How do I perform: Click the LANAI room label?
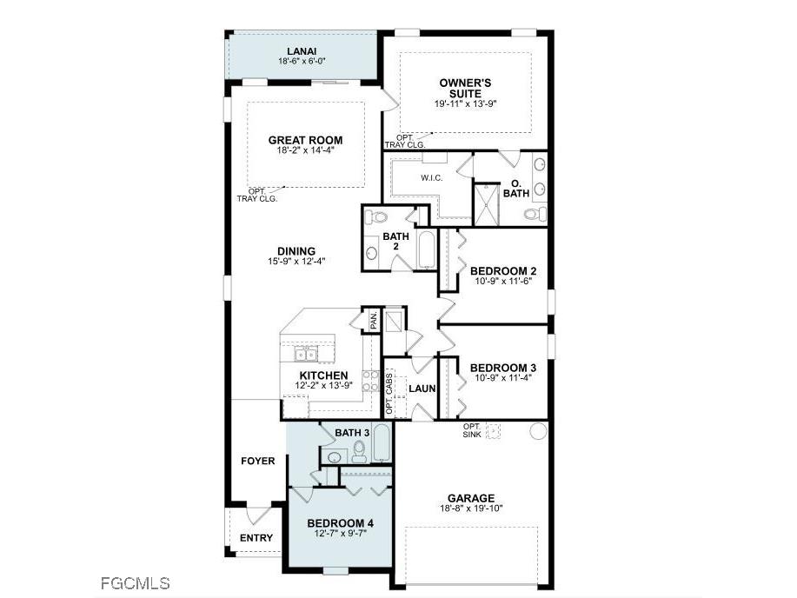tap(301, 50)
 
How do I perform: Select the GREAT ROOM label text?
tap(305, 140)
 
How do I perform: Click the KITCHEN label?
tap(324, 375)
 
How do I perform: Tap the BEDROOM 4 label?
tap(341, 522)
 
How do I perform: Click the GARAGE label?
tap(471, 499)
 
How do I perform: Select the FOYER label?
tap(258, 461)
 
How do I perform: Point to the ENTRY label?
tap(256, 538)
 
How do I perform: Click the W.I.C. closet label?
tap(432, 178)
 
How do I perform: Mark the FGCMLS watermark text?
tap(135, 582)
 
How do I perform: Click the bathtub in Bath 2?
tap(426, 250)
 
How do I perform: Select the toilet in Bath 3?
tap(359, 450)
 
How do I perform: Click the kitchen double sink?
tap(305, 353)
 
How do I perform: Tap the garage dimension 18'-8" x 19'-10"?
tap(471, 508)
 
